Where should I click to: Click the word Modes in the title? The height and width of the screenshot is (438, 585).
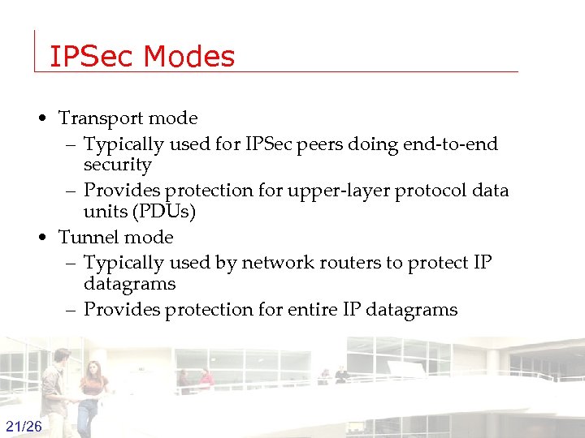coord(189,57)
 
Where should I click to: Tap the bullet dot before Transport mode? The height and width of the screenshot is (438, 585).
coord(41,119)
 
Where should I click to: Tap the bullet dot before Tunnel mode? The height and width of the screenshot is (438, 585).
coord(41,238)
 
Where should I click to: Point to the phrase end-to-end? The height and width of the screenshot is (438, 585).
coord(457,144)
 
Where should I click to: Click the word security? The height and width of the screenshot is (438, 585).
coord(117,165)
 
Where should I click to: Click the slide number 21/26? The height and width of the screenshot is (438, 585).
coord(24,427)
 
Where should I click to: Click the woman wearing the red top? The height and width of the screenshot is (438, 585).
coord(93,393)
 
